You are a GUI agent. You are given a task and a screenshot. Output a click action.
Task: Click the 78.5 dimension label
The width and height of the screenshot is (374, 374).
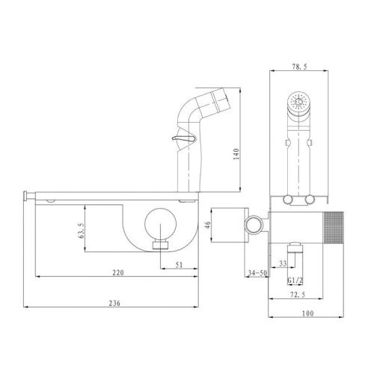(x=299, y=67)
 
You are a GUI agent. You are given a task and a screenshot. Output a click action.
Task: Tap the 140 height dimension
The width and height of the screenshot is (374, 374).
(x=236, y=154)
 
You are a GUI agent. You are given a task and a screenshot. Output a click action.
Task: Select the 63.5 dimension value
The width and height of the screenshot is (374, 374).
(x=82, y=230)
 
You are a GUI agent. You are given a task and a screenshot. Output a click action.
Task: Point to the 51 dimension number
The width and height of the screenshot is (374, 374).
(x=179, y=265)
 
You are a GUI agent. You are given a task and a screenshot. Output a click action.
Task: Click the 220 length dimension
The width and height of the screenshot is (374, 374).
(x=118, y=272)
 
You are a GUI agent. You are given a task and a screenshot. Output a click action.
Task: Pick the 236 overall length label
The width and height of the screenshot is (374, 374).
(x=114, y=303)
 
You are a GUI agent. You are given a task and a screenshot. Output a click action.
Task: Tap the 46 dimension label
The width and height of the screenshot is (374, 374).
(x=207, y=224)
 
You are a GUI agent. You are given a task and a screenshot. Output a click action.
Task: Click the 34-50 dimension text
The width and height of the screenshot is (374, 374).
(x=257, y=273)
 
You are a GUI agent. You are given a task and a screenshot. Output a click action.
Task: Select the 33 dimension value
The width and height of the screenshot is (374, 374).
(x=283, y=263)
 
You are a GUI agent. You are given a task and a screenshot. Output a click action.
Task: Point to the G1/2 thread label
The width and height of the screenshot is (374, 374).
(x=295, y=280)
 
